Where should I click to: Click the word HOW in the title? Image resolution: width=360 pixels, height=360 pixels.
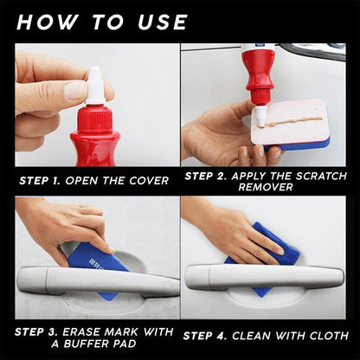49,21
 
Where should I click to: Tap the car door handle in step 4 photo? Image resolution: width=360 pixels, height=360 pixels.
260,278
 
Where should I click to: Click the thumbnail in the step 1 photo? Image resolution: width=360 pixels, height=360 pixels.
76,90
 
